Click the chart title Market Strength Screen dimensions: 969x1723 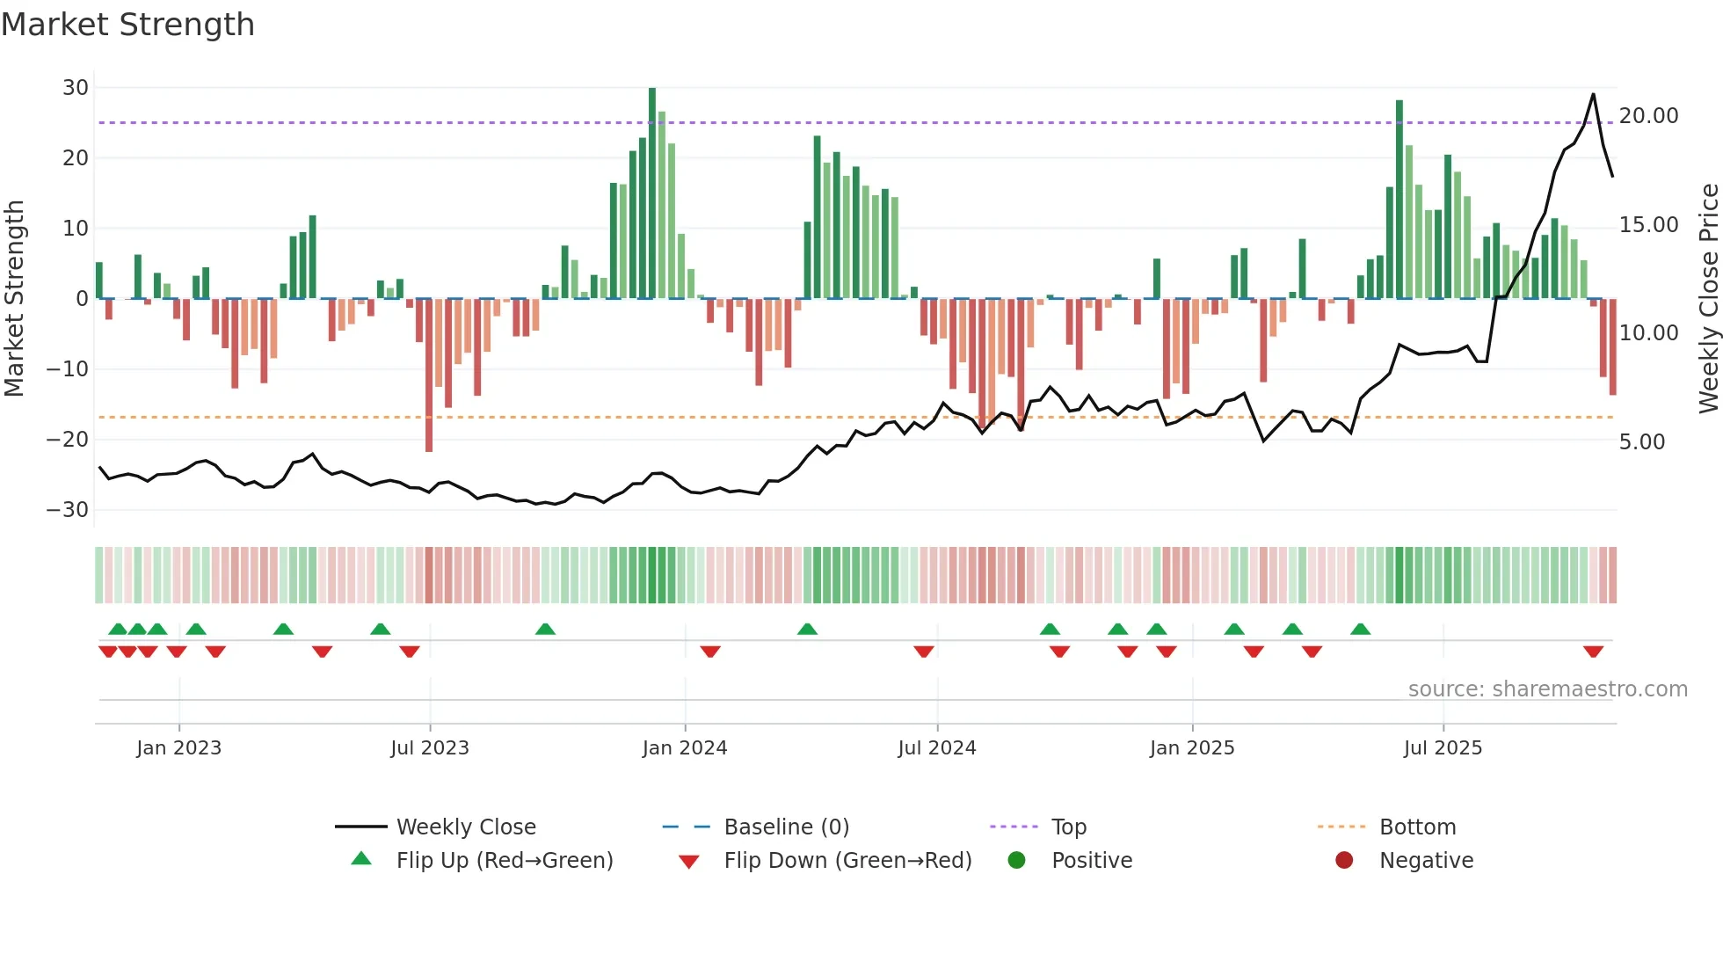(127, 25)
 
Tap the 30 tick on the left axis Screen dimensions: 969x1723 (76, 88)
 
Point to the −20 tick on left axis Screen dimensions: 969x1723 (69, 440)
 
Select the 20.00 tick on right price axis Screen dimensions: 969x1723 (1648, 116)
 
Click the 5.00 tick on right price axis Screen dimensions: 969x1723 (1642, 442)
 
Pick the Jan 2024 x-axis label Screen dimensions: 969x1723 (685, 748)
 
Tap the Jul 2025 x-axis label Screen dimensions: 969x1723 (1443, 748)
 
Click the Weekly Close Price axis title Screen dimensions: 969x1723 (1708, 299)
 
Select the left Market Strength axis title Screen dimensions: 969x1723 (14, 299)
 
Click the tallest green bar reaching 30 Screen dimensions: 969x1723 (652, 193)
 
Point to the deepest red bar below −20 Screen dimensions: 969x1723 (429, 376)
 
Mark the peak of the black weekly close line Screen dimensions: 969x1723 (1593, 94)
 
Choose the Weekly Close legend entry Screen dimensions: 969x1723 (465, 827)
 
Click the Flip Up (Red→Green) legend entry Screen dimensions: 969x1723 (504, 861)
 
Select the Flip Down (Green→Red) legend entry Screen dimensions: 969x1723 (847, 861)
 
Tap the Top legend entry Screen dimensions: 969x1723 (1068, 827)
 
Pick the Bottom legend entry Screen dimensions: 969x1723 (1417, 827)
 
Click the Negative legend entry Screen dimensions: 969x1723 (1425, 861)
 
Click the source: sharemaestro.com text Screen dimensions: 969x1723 (1547, 689)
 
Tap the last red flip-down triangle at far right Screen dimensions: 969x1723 (1593, 652)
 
